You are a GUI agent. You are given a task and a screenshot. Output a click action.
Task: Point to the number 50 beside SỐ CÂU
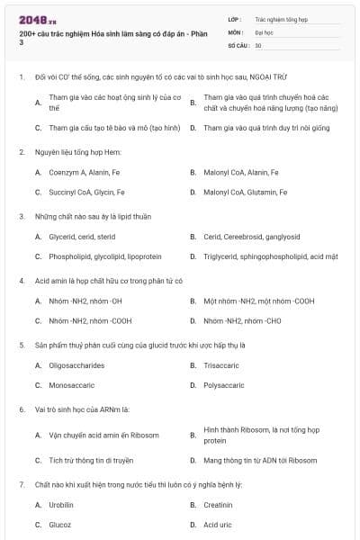pos(258,45)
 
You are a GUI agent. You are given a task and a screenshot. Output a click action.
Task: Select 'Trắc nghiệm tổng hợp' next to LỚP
pos(280,18)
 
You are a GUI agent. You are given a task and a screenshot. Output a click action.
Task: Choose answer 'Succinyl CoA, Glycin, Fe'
pos(86,192)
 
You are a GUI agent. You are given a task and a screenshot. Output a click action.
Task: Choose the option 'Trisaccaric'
pos(220,364)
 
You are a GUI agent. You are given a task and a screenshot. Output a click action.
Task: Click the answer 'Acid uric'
pos(218,525)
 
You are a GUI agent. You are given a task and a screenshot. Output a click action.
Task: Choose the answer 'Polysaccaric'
pos(223,384)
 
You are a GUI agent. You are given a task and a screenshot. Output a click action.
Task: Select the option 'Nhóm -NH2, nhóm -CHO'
pos(242,320)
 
